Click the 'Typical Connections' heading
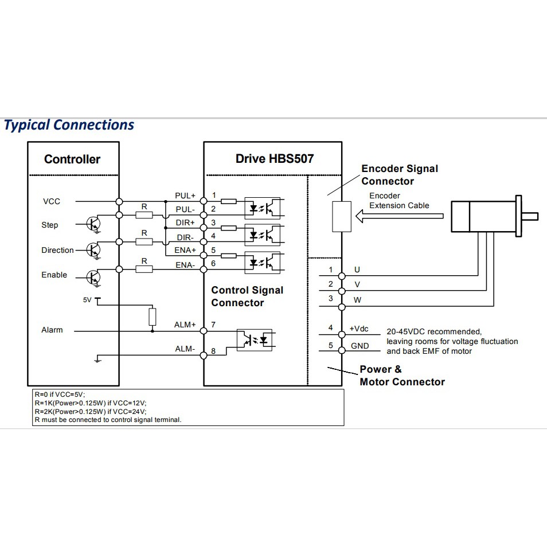(x=69, y=125)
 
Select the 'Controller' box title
(x=72, y=159)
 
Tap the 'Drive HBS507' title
(x=275, y=159)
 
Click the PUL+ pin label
(x=185, y=196)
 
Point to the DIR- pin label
(x=185, y=237)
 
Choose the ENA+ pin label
(x=185, y=250)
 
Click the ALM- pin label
(x=185, y=349)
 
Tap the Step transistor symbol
(x=93, y=223)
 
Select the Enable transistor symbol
(x=93, y=277)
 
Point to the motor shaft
(x=530, y=216)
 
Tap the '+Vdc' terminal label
(x=359, y=329)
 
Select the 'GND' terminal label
(x=360, y=346)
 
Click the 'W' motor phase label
(x=357, y=299)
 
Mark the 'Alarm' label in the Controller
(x=52, y=330)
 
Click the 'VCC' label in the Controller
(x=51, y=201)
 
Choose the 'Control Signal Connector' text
(x=247, y=296)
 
